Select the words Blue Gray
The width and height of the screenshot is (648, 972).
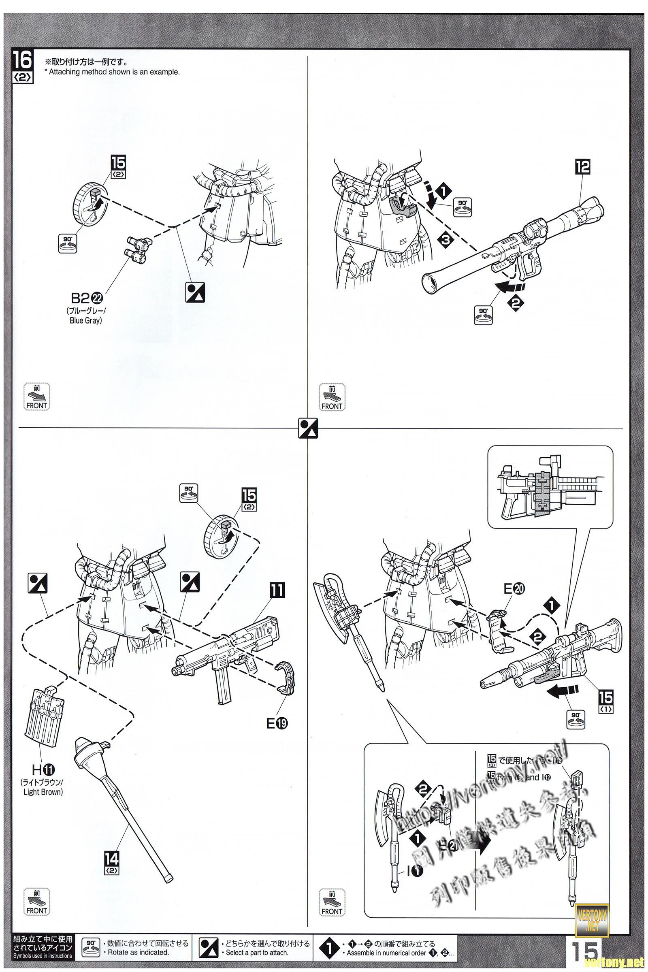tap(85, 320)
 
